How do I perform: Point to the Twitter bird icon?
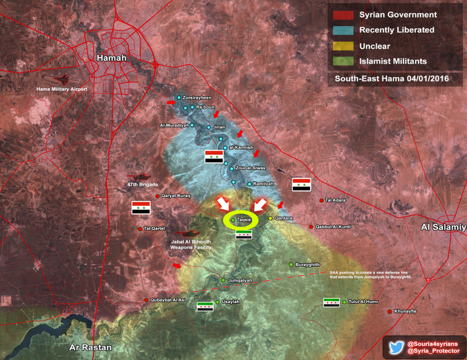[x=396, y=347]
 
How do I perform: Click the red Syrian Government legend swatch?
[x=341, y=14]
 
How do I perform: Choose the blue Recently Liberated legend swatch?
[x=341, y=29]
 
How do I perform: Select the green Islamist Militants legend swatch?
[x=341, y=60]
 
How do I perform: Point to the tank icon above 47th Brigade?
[x=137, y=178]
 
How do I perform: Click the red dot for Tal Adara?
[x=322, y=200]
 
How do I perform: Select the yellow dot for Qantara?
[x=270, y=218]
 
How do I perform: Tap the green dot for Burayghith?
[x=291, y=264]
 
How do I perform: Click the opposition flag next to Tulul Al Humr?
[x=332, y=302]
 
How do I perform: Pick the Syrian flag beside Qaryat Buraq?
[x=141, y=208]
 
